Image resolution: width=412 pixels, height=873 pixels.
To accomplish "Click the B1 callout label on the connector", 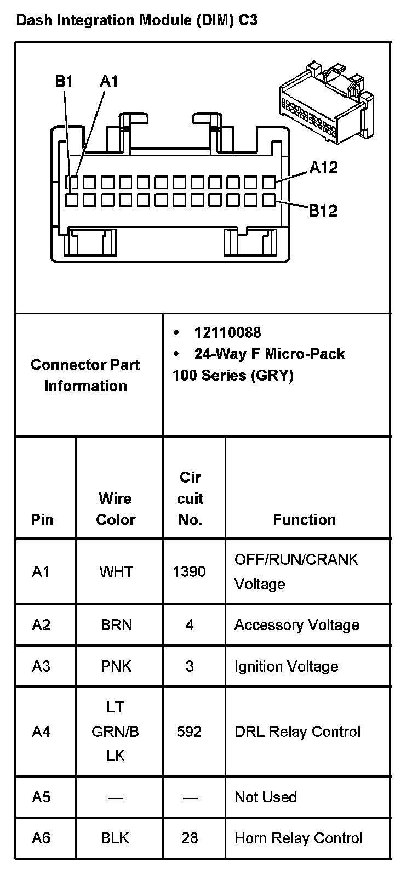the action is click(x=64, y=82).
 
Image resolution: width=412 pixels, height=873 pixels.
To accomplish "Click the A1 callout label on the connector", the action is click(x=108, y=82).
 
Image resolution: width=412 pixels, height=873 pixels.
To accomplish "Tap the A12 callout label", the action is click(x=323, y=168).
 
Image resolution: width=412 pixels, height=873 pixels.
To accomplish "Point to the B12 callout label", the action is click(x=323, y=210).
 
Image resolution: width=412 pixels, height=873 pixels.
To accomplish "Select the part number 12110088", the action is click(x=227, y=332).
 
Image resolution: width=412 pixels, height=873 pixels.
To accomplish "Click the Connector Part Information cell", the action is click(x=85, y=375).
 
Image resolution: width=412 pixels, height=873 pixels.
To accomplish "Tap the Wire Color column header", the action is click(x=116, y=509).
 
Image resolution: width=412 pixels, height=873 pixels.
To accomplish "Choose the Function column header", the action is click(x=304, y=519).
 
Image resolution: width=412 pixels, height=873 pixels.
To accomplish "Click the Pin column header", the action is click(x=42, y=519).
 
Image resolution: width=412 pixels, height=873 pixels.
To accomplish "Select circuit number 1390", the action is click(x=189, y=571).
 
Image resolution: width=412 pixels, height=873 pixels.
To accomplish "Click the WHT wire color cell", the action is click(x=116, y=571).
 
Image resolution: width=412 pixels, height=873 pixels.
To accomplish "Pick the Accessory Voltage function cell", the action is click(x=296, y=625).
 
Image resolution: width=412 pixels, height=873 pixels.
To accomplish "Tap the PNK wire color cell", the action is click(x=116, y=666).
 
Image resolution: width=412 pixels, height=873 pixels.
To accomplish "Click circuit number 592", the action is click(x=189, y=732).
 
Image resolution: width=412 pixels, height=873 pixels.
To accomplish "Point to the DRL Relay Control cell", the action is click(x=297, y=732).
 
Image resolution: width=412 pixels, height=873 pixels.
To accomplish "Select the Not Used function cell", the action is click(x=266, y=797).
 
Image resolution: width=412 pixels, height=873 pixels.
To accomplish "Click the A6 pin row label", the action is click(x=41, y=838).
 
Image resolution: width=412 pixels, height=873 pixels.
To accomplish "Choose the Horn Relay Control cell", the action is click(x=299, y=838).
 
